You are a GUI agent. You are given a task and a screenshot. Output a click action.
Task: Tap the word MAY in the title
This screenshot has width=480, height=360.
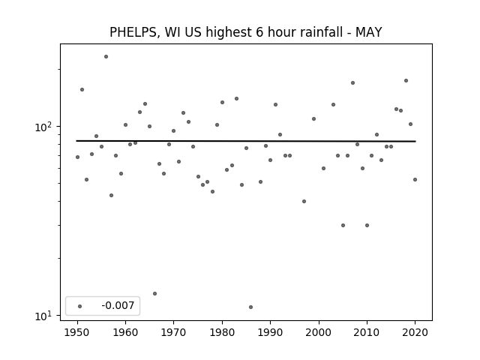[368, 32]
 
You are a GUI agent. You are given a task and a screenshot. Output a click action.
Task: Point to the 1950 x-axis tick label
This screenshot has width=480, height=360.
[77, 332]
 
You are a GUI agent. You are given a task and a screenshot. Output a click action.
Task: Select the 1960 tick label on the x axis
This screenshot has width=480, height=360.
[125, 332]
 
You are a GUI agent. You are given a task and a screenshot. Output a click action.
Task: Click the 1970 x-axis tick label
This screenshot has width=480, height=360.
[173, 332]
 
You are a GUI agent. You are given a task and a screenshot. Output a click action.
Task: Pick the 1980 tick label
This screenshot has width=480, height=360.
[222, 332]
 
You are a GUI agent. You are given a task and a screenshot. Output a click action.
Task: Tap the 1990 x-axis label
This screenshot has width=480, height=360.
[270, 332]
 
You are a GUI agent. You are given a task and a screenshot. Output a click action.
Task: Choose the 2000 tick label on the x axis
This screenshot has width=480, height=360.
[319, 332]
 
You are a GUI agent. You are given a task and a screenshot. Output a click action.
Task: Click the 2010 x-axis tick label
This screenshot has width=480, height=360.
[367, 332]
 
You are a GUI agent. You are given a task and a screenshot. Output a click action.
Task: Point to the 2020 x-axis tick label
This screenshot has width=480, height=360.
[415, 332]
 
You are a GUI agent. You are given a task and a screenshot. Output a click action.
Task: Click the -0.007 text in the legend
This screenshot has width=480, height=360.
[118, 305]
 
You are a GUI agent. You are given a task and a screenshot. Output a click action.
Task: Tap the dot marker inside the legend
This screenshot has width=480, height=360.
[80, 306]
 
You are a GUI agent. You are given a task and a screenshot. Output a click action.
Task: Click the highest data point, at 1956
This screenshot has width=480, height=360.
[106, 57]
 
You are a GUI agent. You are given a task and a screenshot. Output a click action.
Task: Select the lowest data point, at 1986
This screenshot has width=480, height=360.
[251, 307]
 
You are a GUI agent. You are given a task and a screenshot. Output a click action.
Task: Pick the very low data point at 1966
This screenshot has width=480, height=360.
[155, 293]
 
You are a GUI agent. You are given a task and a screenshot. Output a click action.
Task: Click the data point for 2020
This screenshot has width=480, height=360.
[415, 180]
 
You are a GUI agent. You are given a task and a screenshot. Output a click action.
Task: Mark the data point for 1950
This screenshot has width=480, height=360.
[77, 157]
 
